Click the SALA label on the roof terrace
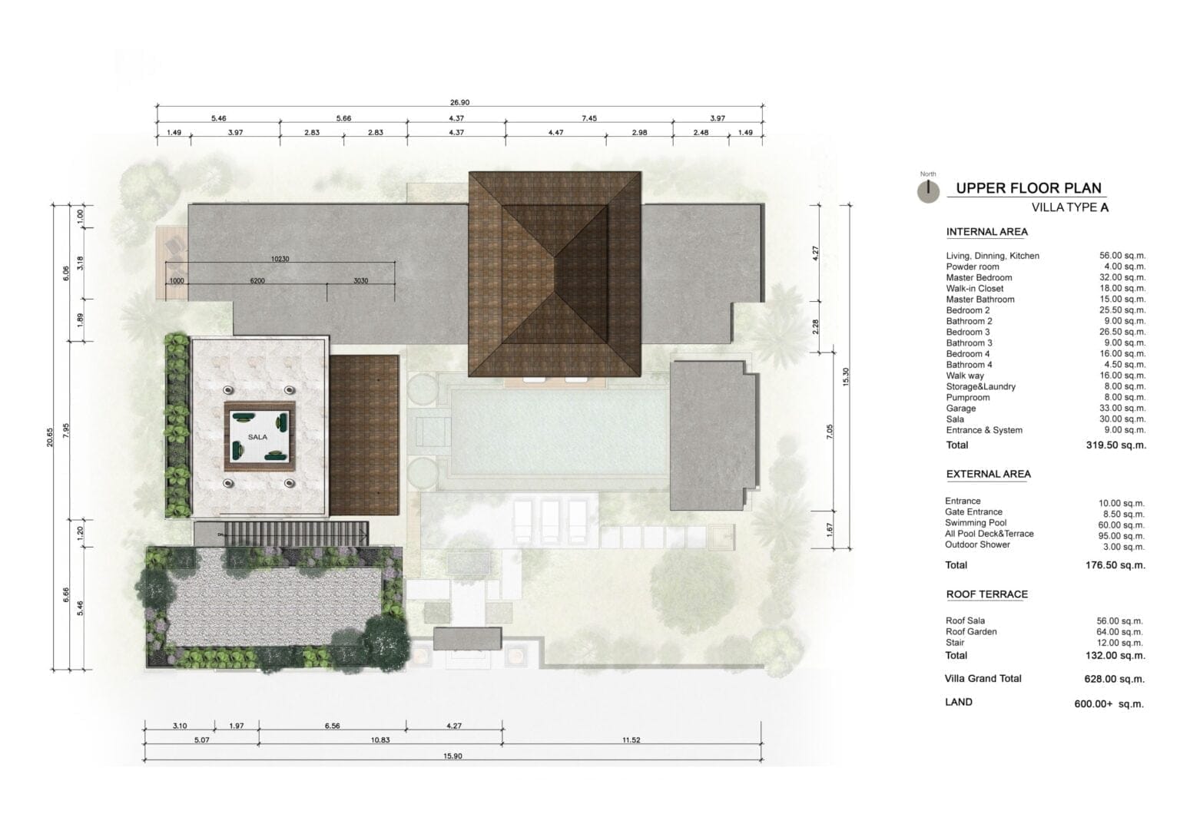(x=257, y=437)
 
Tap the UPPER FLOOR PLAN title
(x=1029, y=188)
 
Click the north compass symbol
(x=928, y=191)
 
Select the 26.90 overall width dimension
(x=460, y=103)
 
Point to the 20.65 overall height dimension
(x=50, y=437)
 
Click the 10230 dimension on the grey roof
(x=280, y=259)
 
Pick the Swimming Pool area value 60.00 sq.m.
(x=1122, y=525)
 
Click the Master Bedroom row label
(x=979, y=277)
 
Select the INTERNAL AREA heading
(x=986, y=232)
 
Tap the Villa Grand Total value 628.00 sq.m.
(x=1114, y=679)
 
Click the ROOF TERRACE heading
(x=986, y=594)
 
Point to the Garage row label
(x=961, y=409)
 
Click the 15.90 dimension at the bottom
(x=452, y=756)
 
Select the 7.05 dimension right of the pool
(x=830, y=432)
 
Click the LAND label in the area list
(x=959, y=702)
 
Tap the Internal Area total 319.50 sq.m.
(x=1115, y=445)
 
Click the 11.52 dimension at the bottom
(x=631, y=740)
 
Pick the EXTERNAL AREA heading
(x=988, y=474)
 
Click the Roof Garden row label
(x=971, y=632)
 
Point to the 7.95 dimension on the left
(x=66, y=431)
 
